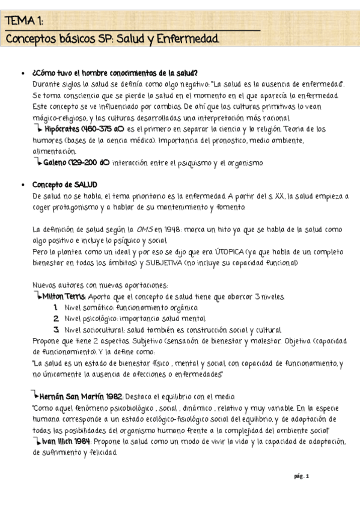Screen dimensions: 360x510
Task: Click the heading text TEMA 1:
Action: click(x=24, y=22)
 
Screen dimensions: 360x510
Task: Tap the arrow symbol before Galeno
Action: click(x=38, y=162)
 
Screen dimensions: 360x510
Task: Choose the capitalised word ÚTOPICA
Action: click(x=203, y=251)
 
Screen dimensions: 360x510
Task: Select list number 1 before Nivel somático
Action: click(x=55, y=307)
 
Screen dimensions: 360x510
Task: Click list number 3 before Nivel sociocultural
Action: click(x=55, y=330)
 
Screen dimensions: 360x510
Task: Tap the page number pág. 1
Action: click(x=301, y=476)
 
